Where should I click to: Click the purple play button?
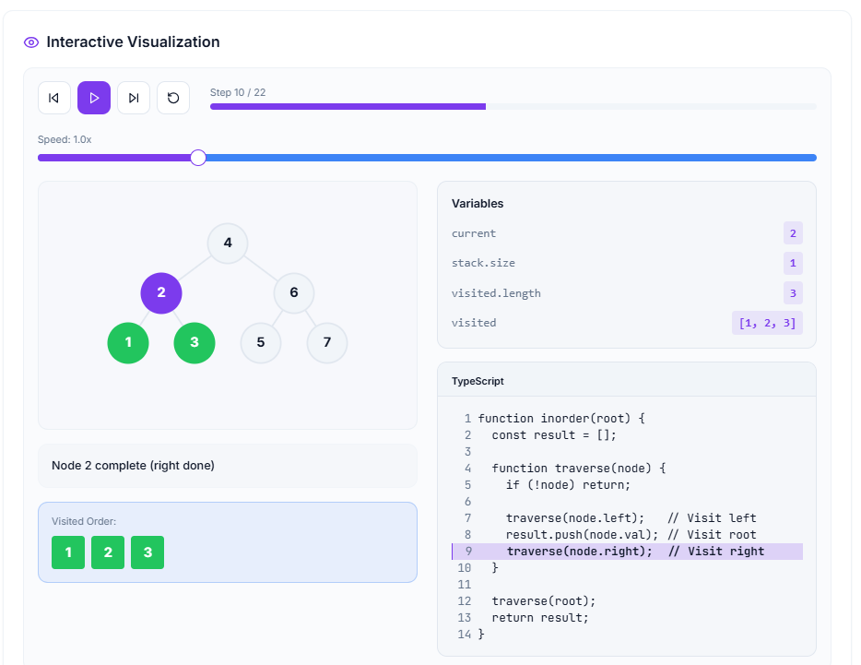pyautogui.click(x=94, y=98)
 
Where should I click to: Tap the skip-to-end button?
pyautogui.click(x=134, y=98)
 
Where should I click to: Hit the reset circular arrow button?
pyautogui.click(x=173, y=98)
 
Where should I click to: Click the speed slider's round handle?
pyautogui.click(x=198, y=158)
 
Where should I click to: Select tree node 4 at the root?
pyautogui.click(x=228, y=243)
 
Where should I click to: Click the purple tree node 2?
pyautogui.click(x=161, y=293)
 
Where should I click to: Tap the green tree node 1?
pyautogui.click(x=128, y=342)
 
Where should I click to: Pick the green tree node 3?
pyautogui.click(x=195, y=342)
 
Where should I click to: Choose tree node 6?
pyautogui.click(x=294, y=293)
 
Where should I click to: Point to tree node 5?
pyautogui.click(x=261, y=342)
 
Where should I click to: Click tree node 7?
pyautogui.click(x=327, y=342)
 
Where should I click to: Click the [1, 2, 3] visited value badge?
pyautogui.click(x=767, y=323)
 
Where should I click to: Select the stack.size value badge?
pyautogui.click(x=793, y=264)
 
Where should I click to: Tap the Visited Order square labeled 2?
pyautogui.click(x=108, y=552)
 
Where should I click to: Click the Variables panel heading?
pyautogui.click(x=478, y=204)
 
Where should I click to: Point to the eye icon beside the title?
pyautogui.click(x=31, y=42)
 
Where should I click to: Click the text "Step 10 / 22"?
pyautogui.click(x=238, y=92)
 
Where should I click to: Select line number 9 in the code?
pyautogui.click(x=468, y=552)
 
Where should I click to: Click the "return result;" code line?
pyautogui.click(x=540, y=618)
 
